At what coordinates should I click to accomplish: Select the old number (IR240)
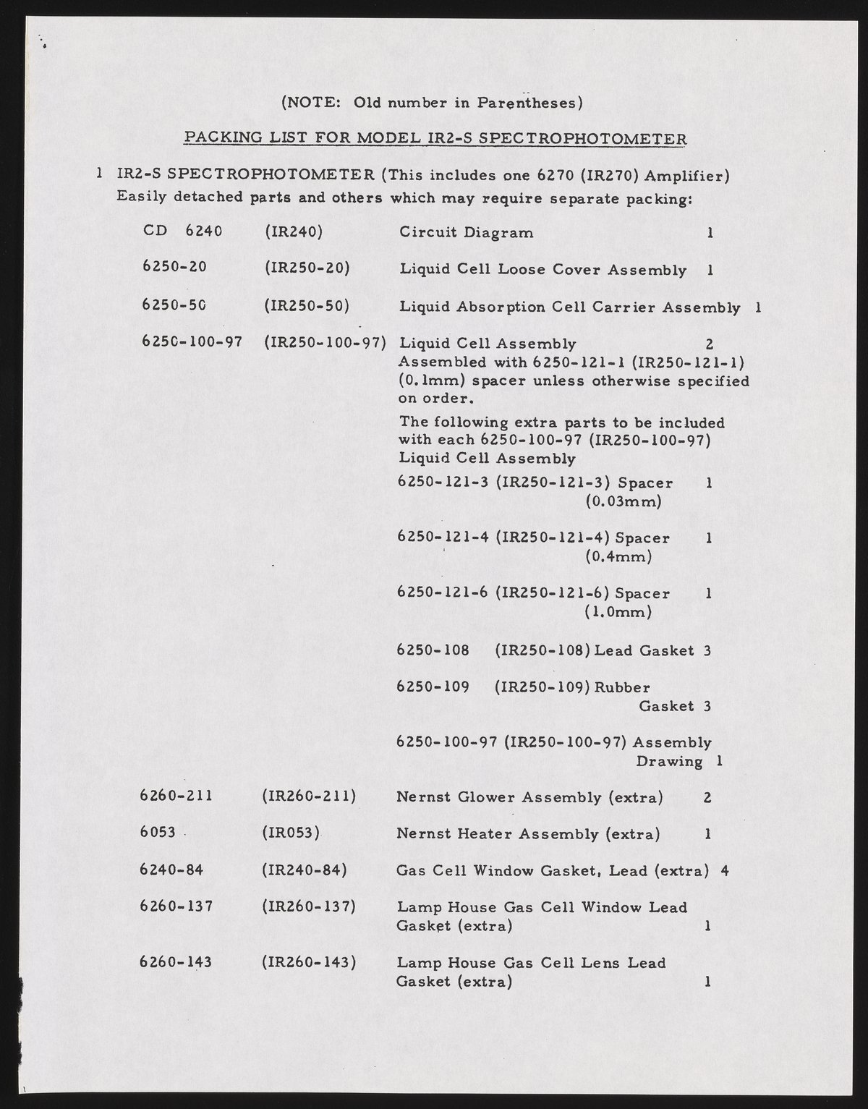click(x=293, y=231)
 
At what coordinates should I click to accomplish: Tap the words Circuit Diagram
click(x=467, y=232)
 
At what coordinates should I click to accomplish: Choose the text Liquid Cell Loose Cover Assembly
click(x=542, y=270)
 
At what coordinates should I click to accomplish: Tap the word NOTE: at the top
click(x=311, y=103)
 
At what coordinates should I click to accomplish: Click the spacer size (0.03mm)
click(x=623, y=501)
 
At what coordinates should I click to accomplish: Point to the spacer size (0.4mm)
click(x=618, y=556)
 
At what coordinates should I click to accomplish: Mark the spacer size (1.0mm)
click(x=618, y=612)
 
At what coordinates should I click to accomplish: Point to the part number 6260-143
click(x=175, y=962)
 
